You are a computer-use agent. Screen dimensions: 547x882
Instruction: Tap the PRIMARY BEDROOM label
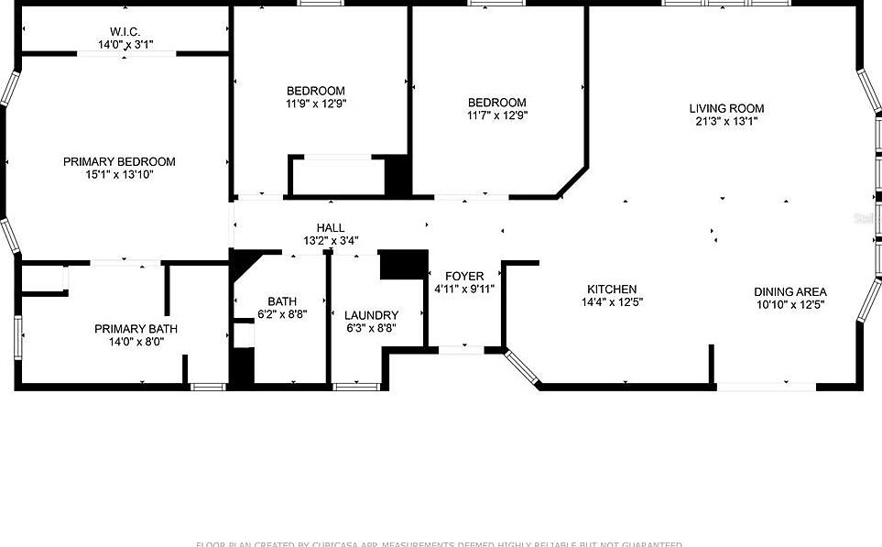point(119,161)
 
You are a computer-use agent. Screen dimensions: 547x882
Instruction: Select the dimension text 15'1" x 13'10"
point(119,174)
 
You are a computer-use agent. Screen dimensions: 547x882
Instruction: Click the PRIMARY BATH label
point(136,329)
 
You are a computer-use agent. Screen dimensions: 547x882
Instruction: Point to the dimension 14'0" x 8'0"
point(136,342)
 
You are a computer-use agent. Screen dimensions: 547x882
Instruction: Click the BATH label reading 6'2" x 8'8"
point(281,301)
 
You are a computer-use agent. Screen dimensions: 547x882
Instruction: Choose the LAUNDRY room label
point(371,315)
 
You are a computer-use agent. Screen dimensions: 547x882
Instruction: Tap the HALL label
point(331,227)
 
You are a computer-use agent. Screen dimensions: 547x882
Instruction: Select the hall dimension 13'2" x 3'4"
point(331,241)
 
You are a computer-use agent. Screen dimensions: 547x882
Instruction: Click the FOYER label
point(464,277)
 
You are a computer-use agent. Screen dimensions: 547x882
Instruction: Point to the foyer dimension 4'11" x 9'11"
point(464,290)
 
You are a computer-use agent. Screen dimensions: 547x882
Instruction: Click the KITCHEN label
point(612,290)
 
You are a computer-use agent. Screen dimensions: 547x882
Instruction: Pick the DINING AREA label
point(789,291)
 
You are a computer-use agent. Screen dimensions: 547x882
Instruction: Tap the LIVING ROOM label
point(726,108)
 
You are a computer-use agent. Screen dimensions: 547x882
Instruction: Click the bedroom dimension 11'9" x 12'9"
point(316,104)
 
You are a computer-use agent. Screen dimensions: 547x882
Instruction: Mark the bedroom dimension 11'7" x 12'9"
point(497,115)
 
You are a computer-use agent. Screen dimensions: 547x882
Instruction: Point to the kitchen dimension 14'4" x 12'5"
point(612,302)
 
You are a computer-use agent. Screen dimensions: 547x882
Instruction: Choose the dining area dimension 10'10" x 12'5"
point(789,304)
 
